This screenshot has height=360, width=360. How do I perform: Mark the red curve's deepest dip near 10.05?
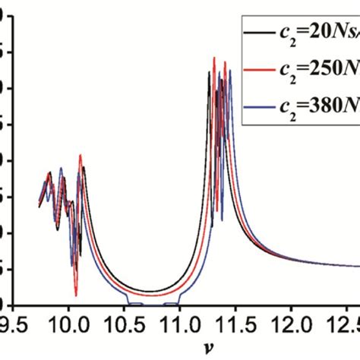(76, 295)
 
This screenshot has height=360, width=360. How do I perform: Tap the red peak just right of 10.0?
(81, 155)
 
